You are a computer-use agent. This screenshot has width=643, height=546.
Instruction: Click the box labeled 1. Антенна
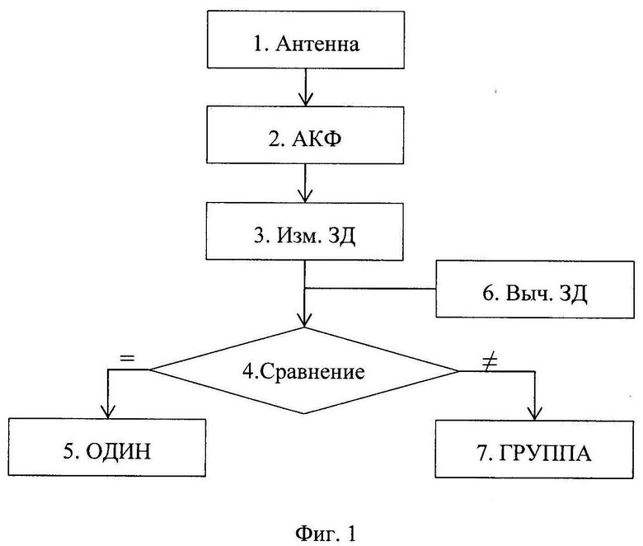coord(306,40)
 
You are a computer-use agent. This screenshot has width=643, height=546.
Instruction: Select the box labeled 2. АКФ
coord(305,135)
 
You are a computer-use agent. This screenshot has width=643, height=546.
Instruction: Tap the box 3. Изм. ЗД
coord(304,231)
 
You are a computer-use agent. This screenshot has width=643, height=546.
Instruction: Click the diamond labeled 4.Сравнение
coord(304,370)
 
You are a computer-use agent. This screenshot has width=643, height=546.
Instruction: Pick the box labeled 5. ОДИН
coord(106,448)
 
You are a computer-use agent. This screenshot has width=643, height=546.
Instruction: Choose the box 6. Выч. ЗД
coord(535,289)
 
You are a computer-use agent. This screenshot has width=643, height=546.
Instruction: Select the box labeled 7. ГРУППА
coord(534,450)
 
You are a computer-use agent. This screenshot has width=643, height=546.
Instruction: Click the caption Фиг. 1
coord(326,534)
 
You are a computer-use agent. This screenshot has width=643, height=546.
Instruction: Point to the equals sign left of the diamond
coord(127,358)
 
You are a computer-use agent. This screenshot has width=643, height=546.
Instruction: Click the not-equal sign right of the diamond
coord(490,363)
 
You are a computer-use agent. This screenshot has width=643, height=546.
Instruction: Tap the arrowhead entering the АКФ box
coord(306,100)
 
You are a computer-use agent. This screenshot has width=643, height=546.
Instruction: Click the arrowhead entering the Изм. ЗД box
coord(305,195)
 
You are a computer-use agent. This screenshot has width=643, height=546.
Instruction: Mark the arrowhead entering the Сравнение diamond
coord(304,320)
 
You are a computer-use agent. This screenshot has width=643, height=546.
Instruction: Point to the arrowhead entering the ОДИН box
coord(107,412)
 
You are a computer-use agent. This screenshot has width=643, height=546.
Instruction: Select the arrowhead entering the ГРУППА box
coord(535,413)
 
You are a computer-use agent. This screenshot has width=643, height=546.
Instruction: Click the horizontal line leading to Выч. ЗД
coord(370,289)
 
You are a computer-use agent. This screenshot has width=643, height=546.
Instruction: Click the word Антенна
coord(317,44)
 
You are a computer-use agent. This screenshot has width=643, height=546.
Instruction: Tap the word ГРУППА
coord(546,454)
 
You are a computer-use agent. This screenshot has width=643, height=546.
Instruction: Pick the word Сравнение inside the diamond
coord(312,372)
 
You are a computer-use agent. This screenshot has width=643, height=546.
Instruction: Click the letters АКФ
coord(316,139)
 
